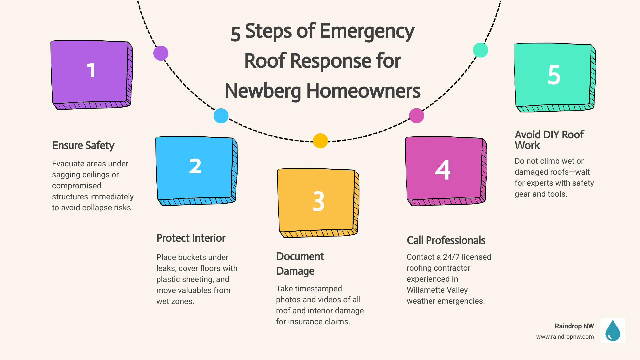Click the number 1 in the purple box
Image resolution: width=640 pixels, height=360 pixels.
pos(91,71)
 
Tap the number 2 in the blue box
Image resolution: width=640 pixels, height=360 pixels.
pos(195,166)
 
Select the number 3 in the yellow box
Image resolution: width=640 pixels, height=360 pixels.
pos(318,201)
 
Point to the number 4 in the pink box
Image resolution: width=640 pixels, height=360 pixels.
pos(443,170)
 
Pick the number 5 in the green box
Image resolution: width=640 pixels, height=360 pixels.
pos(554,75)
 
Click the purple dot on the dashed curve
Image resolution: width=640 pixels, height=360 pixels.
pos(161,53)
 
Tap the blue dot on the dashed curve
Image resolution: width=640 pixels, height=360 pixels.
pos(221,116)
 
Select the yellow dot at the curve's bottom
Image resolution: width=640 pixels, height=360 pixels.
pos(320,141)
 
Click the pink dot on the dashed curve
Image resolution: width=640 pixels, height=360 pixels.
pos(416,116)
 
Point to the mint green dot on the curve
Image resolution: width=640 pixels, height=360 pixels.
pos(480,50)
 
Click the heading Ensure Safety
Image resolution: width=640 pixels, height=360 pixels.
pos(83,146)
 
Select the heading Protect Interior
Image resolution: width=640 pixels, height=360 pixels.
pos(191,238)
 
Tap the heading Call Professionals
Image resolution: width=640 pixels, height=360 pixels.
pos(446,240)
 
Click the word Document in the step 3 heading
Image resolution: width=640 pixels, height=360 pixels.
pos(300,256)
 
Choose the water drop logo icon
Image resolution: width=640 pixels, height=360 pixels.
pos(613,331)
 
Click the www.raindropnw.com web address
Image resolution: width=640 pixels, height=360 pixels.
pos(565,337)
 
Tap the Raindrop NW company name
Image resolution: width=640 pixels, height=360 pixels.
pos(574,326)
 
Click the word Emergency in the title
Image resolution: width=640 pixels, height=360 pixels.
pos(367,32)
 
